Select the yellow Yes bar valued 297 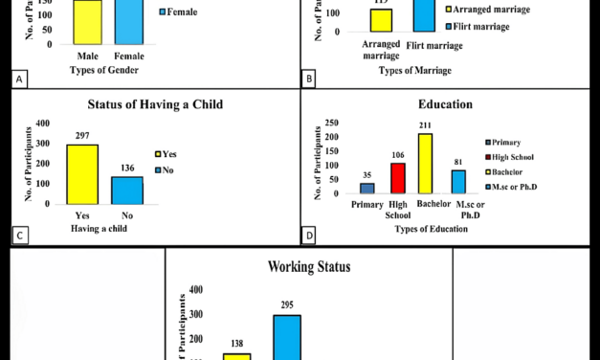(x=82, y=173)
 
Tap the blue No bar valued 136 (x=127, y=190)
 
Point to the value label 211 (x=426, y=124)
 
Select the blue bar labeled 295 (x=288, y=336)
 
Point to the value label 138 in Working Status (x=237, y=343)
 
